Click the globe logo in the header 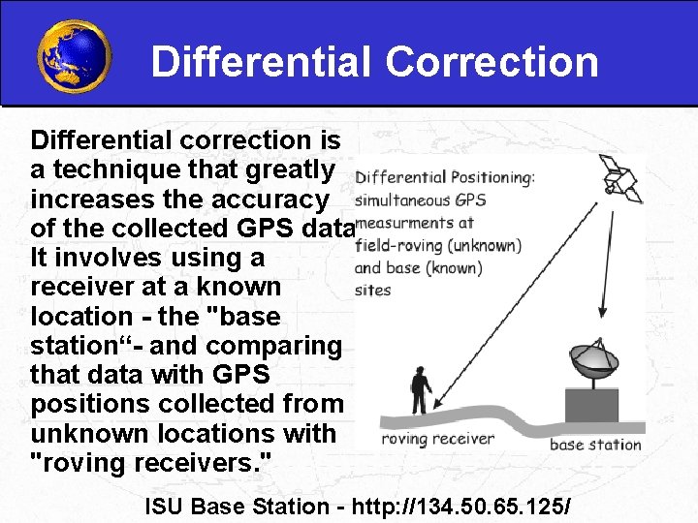73,55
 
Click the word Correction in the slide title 492,62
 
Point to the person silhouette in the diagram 420,389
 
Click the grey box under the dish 590,405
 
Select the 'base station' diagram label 595,445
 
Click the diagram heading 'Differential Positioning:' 444,178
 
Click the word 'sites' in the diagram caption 372,289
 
